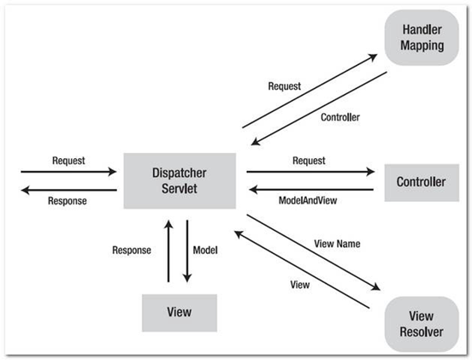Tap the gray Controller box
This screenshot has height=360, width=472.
click(x=422, y=182)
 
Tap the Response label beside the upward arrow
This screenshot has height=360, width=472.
click(x=132, y=251)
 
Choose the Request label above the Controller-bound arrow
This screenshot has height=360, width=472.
click(x=310, y=159)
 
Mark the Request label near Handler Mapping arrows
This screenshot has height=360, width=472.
click(x=284, y=86)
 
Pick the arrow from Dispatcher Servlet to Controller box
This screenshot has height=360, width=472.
click(x=310, y=171)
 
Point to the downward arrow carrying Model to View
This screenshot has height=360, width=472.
click(x=189, y=249)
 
